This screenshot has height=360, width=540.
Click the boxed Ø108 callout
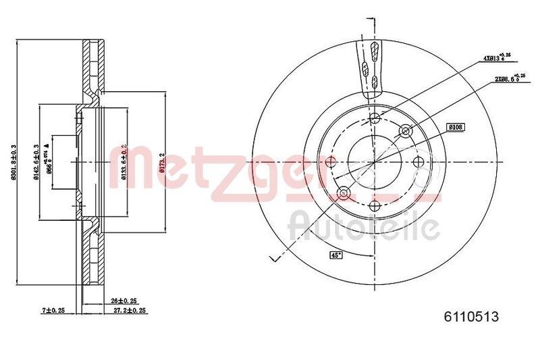coord(456,127)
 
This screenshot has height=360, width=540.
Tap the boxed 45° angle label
coord(335,255)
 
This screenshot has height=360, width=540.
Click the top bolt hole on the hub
coord(376,120)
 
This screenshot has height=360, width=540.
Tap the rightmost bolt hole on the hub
coord(419,162)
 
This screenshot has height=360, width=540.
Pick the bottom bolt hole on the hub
coord(375,205)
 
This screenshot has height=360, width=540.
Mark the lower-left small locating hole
coord(344,194)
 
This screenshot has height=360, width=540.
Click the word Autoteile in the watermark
coord(364,227)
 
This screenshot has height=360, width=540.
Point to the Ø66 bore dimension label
coord(49,162)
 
